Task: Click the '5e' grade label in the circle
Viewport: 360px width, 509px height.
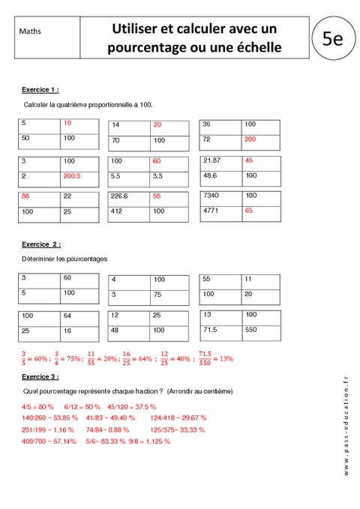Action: point(331,38)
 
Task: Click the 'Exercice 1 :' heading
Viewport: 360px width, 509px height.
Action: point(40,89)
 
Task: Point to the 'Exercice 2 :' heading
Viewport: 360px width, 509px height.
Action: point(41,244)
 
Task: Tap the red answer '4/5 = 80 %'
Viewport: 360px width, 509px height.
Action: point(39,406)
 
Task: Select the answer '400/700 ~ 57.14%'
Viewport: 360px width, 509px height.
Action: point(49,442)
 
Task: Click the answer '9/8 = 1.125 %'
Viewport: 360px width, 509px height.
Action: point(150,442)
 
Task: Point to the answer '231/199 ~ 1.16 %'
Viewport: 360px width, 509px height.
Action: point(48,430)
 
